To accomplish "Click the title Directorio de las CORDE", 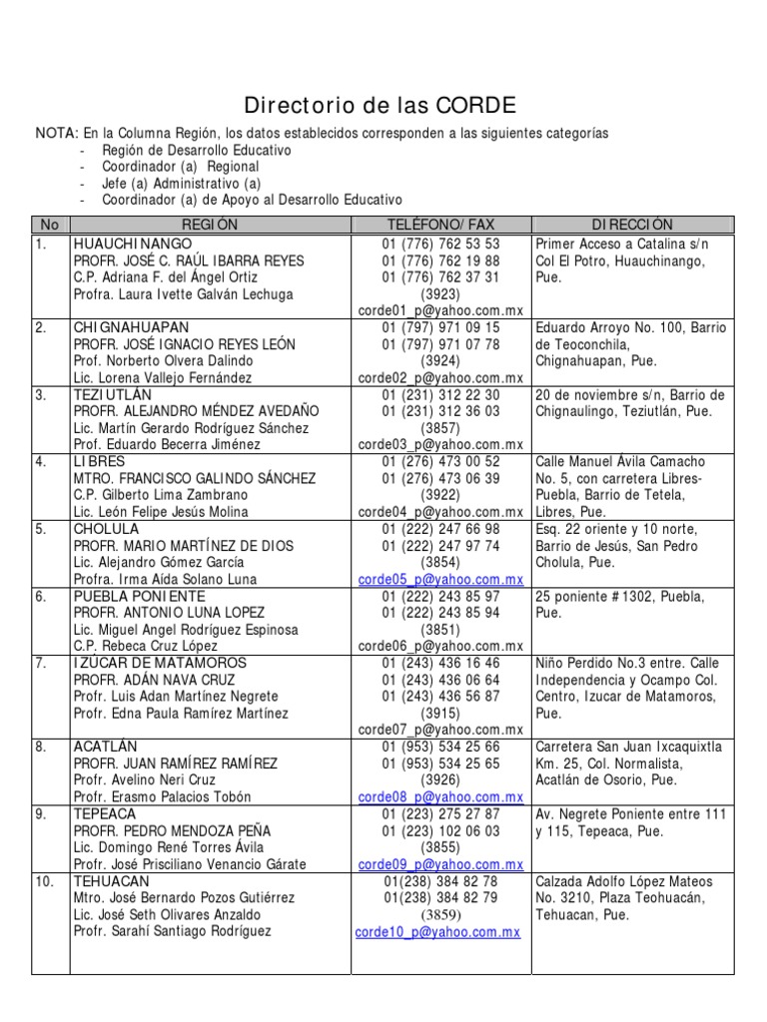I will pos(382,106).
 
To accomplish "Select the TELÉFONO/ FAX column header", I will pos(440,226).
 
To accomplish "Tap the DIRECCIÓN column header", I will pos(632,226).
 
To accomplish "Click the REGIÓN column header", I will pos(210,226).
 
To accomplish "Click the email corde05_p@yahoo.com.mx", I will pos(440,579).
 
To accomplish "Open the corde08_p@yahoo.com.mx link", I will pos(440,796).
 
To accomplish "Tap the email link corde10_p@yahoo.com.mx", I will pos(438,931).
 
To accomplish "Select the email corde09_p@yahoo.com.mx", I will pos(440,863).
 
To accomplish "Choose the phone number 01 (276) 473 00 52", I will pos(440,462).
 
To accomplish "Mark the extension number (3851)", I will pos(440,630).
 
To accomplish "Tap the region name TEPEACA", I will pos(103,813).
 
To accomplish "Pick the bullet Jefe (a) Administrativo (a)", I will pos(181,184).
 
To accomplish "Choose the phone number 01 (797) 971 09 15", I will pos(440,327).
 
